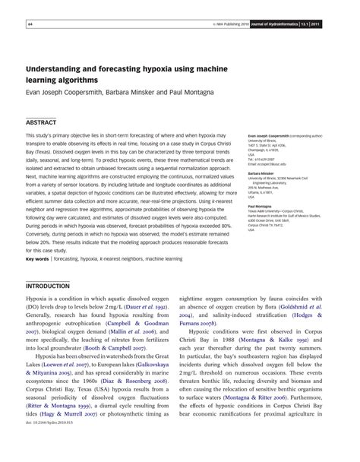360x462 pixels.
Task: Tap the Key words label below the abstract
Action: click(38, 259)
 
